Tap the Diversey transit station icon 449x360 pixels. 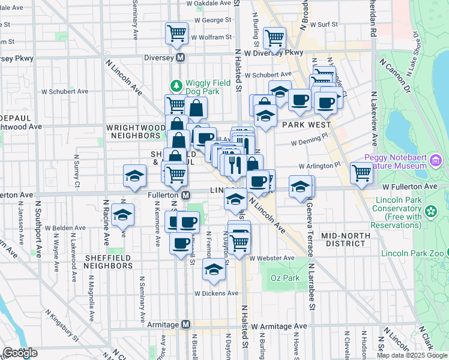[x=187, y=58]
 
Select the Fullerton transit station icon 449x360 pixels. [x=187, y=195]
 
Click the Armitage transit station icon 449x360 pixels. [x=186, y=325]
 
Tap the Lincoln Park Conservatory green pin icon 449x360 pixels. [x=430, y=211]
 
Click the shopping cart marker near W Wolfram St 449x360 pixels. [x=176, y=33]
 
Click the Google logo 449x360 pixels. [x=20, y=353]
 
